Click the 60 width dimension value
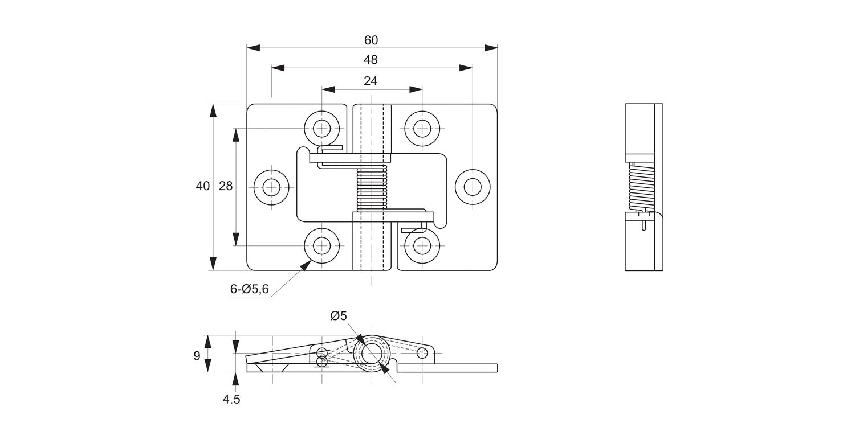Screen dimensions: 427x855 coord(371,40)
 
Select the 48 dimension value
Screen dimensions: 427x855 coord(371,60)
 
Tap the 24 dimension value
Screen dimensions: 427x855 coord(370,81)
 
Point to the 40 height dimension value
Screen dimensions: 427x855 coord(203,186)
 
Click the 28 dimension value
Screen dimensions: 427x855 coord(226,186)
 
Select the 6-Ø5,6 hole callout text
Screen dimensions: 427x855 coord(250,289)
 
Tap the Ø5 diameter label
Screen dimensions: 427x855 coord(339,316)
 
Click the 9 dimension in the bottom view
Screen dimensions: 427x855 coord(197,356)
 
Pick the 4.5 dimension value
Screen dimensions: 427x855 coord(231,399)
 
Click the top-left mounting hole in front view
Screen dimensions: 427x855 coord(322,128)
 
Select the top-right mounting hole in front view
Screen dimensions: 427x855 coord(422,128)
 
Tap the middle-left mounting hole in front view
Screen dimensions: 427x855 coord(271,187)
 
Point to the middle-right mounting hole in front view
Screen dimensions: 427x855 coord(473,187)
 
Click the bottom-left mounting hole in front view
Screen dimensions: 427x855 coord(322,246)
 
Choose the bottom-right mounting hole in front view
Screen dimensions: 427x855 coord(422,246)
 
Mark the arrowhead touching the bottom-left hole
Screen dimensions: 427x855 coord(306,265)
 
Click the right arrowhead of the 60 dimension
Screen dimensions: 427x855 coord(491,48)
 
